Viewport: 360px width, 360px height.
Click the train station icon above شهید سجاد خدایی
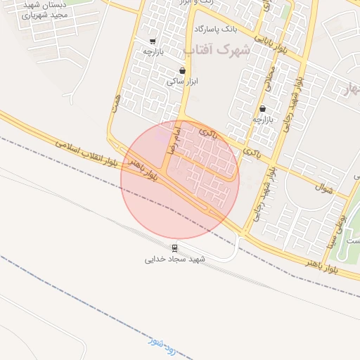174,248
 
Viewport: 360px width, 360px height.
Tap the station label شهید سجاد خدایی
174,259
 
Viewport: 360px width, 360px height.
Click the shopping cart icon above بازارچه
153,41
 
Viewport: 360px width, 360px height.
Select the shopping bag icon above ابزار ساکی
183,70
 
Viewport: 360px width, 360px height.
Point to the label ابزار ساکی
183,81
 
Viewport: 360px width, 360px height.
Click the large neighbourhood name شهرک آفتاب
217,49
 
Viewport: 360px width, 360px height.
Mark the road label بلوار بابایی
274,44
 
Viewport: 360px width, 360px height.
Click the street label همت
115,103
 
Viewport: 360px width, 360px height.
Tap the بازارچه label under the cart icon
153,52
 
